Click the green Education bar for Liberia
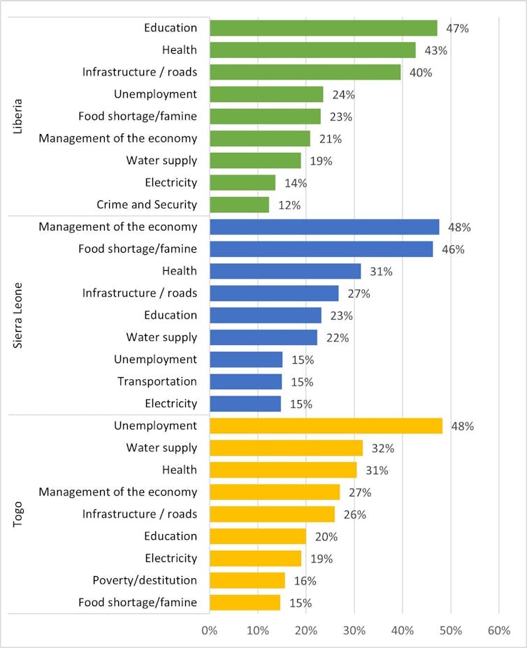pyautogui.click(x=323, y=28)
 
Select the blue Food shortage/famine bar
pyautogui.click(x=321, y=249)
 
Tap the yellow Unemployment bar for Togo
pyautogui.click(x=326, y=426)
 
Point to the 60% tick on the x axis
pyautogui.click(x=499, y=631)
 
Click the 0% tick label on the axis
pyautogui.click(x=209, y=631)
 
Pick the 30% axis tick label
pyautogui.click(x=354, y=631)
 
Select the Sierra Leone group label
pyautogui.click(x=19, y=316)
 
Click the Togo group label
pyautogui.click(x=19, y=514)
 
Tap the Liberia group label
pyautogui.click(x=19, y=116)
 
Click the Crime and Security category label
pyautogui.click(x=147, y=205)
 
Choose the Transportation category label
pyautogui.click(x=157, y=381)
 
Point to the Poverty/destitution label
pyautogui.click(x=145, y=580)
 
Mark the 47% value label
pyautogui.click(x=458, y=29)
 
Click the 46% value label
pyautogui.click(x=454, y=249)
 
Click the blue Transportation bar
pyautogui.click(x=245, y=382)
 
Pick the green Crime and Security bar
pyautogui.click(x=239, y=205)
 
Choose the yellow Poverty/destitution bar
pyautogui.click(x=247, y=580)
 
